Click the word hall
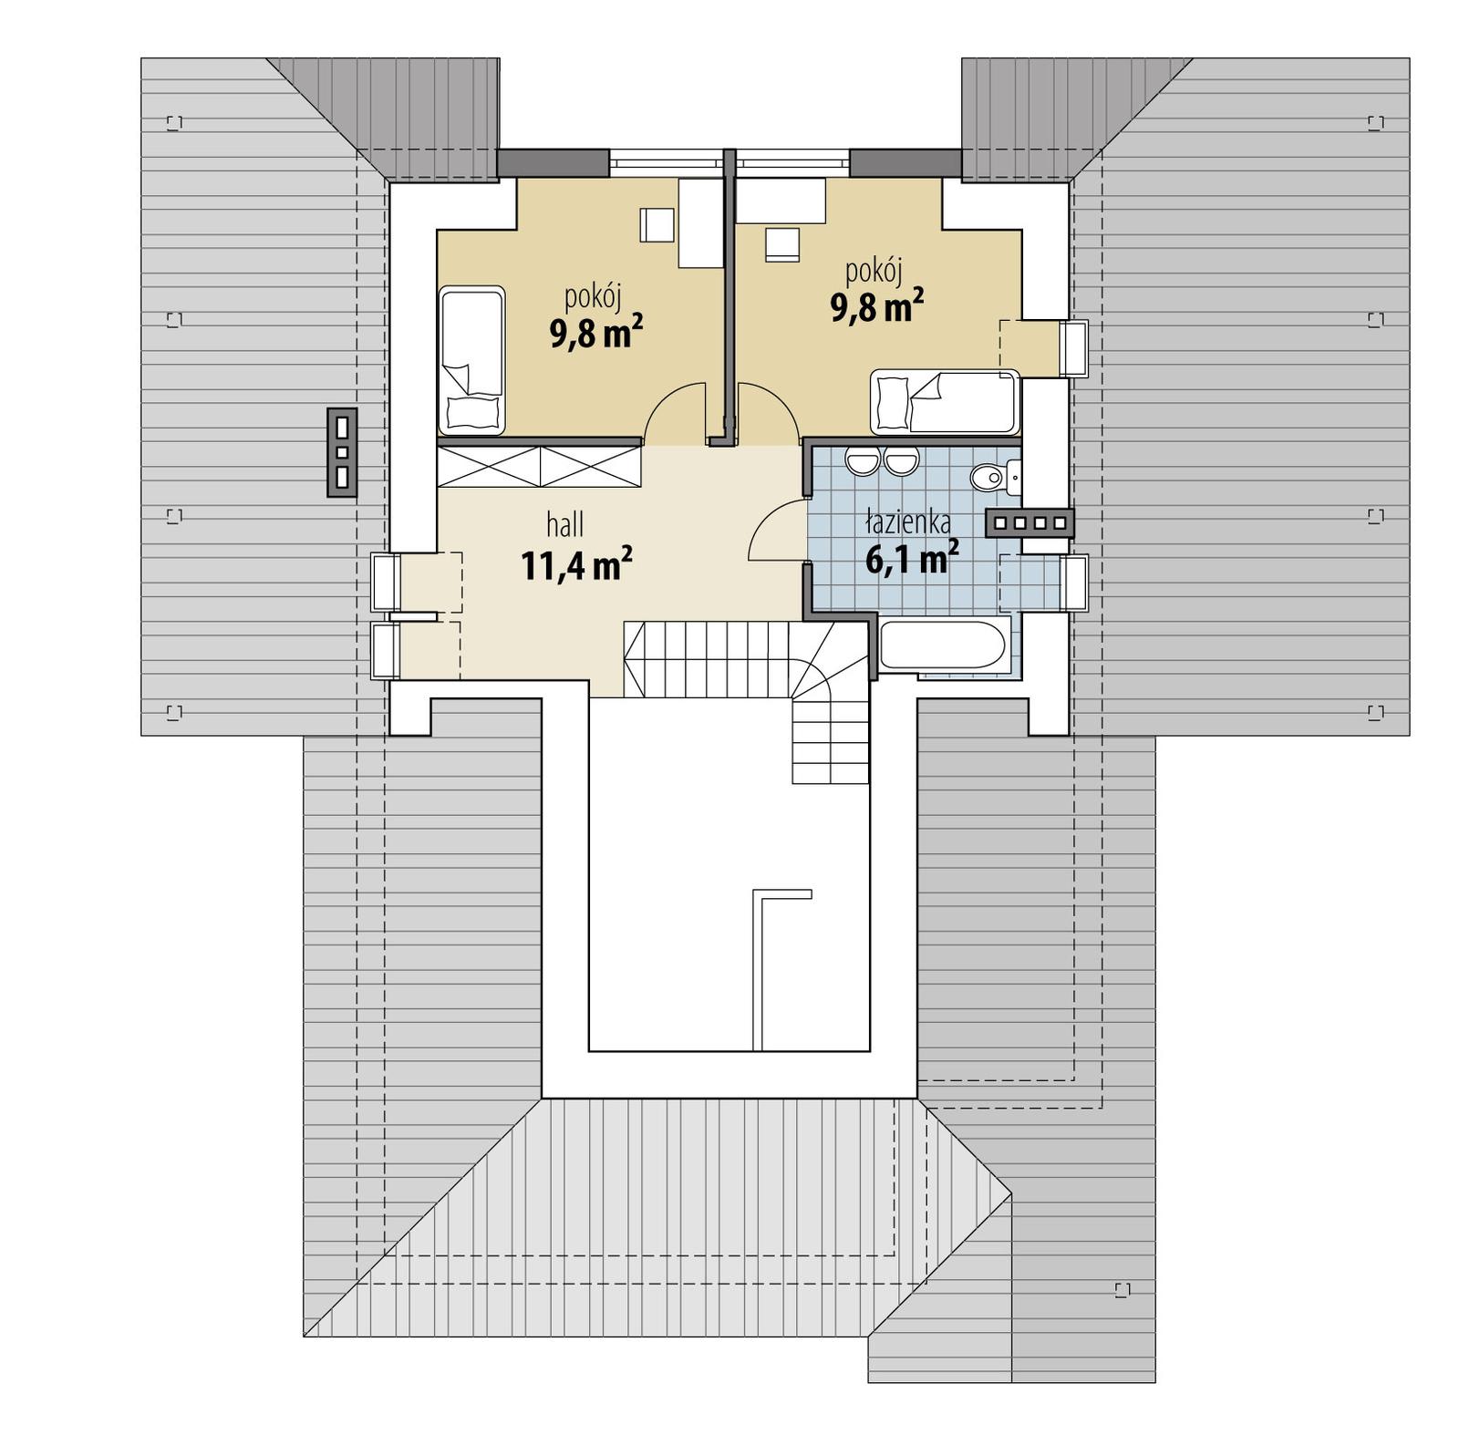click(564, 525)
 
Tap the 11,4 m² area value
click(576, 565)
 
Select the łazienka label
click(908, 522)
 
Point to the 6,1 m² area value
click(911, 558)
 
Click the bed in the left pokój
click(471, 360)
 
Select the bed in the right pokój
click(944, 401)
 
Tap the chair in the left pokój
click(657, 224)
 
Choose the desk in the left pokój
click(700, 222)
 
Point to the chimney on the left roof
click(342, 452)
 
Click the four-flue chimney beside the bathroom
click(1030, 522)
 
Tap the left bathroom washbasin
click(860, 462)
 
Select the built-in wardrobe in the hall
click(540, 465)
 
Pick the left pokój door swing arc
click(674, 412)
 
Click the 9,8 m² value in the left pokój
click(595, 334)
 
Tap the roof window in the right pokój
click(1075, 348)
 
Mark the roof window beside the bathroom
click(1075, 582)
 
